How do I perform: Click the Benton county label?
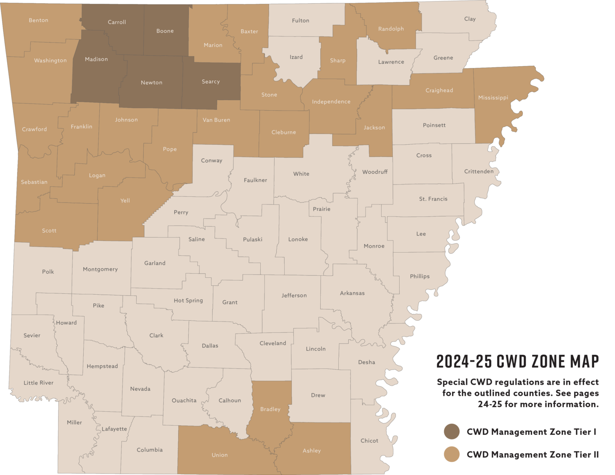(38, 20)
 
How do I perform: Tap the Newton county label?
(151, 83)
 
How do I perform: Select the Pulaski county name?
(253, 239)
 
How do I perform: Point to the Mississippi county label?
(493, 97)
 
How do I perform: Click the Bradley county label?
(270, 409)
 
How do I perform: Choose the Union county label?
(219, 455)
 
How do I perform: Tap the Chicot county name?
(369, 441)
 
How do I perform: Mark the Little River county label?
(38, 383)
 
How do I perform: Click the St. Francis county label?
(433, 199)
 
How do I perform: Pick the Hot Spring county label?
(188, 301)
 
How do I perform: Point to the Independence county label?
(331, 102)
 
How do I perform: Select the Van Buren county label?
(216, 120)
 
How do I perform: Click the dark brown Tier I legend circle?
(452, 432)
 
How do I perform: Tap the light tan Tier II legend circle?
(452, 454)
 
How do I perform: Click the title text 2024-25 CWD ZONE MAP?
(518, 362)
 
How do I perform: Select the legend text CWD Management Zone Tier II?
(533, 455)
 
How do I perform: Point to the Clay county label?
(470, 19)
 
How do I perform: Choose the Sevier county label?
(32, 336)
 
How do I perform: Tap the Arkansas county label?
(352, 293)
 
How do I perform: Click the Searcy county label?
(211, 82)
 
